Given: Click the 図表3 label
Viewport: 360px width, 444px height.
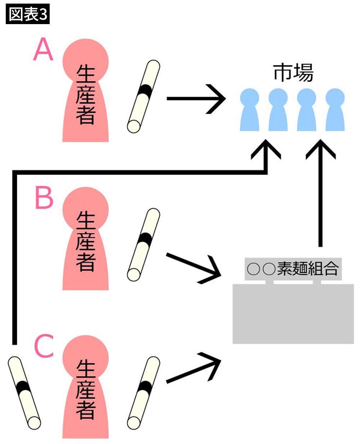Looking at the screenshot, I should coord(28,15).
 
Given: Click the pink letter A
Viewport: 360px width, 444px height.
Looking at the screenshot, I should coord(43,50).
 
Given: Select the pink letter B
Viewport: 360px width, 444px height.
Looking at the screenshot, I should coord(44,198).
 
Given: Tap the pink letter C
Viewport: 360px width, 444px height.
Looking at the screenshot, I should coord(44,346).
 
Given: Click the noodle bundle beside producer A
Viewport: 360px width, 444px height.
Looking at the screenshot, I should coord(144,96).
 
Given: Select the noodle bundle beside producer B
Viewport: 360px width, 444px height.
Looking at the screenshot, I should coord(144,244).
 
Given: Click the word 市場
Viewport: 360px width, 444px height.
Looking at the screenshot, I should coord(293,73).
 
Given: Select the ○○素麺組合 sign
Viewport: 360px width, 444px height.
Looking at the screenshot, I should coord(293,269).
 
